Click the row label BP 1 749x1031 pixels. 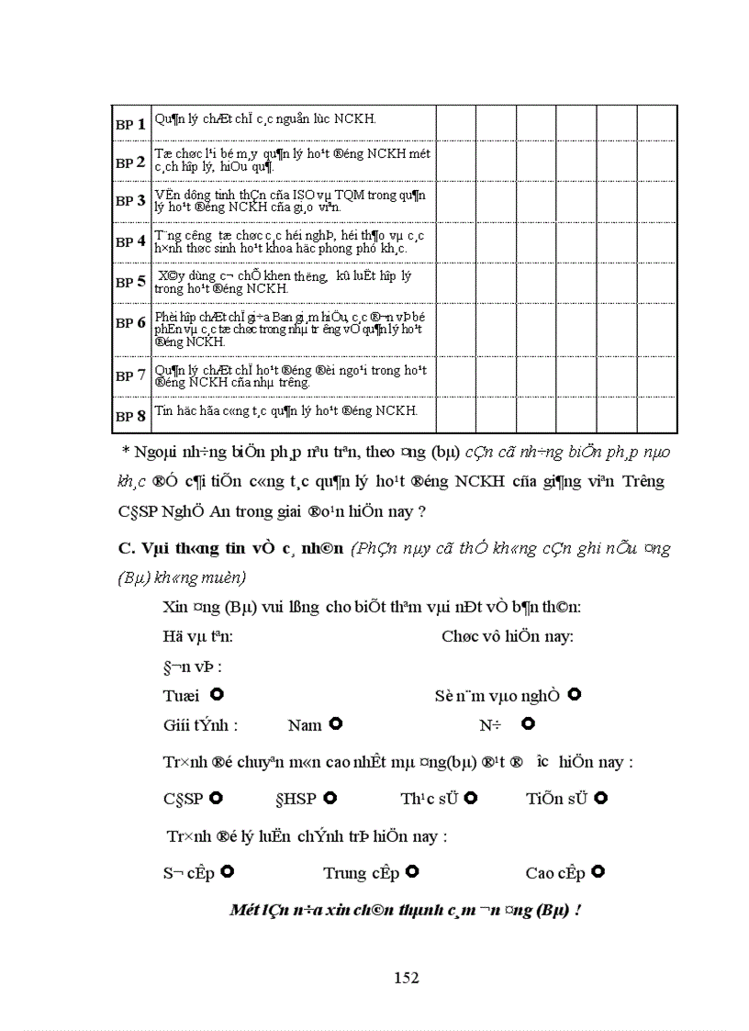tap(130, 124)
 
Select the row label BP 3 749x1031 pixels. tap(130, 200)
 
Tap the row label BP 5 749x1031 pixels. tap(130, 283)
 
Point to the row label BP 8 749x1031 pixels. tap(130, 416)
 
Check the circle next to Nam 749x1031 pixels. tap(336, 724)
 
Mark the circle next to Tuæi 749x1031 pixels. tap(217, 695)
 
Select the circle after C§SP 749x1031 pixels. tap(217, 798)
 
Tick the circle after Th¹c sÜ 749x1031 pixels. tap(471, 798)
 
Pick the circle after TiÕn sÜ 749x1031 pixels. tap(601, 798)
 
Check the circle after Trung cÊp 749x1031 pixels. tap(413, 871)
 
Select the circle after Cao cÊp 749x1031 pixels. tap(598, 871)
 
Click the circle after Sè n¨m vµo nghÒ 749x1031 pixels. tap(575, 695)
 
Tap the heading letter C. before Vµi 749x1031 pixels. tap(127, 549)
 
